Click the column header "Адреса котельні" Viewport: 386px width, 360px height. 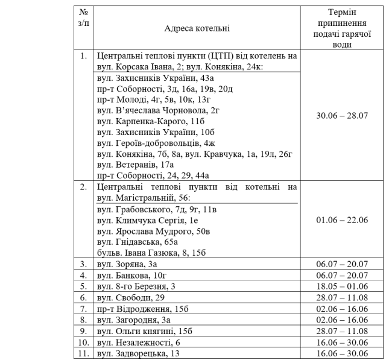click(197, 28)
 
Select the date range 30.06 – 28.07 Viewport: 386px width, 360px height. click(342, 115)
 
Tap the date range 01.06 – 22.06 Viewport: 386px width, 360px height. click(342, 220)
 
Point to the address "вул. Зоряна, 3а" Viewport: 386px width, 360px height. click(127, 264)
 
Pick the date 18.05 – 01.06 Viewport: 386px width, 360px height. click(342, 286)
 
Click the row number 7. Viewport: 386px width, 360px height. click(84, 308)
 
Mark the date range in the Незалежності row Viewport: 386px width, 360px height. click(342, 341)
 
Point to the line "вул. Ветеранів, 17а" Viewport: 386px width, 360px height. click(136, 164)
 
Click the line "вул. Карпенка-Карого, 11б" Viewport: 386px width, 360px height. click(148, 121)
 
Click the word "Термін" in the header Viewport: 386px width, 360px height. click(342, 12)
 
